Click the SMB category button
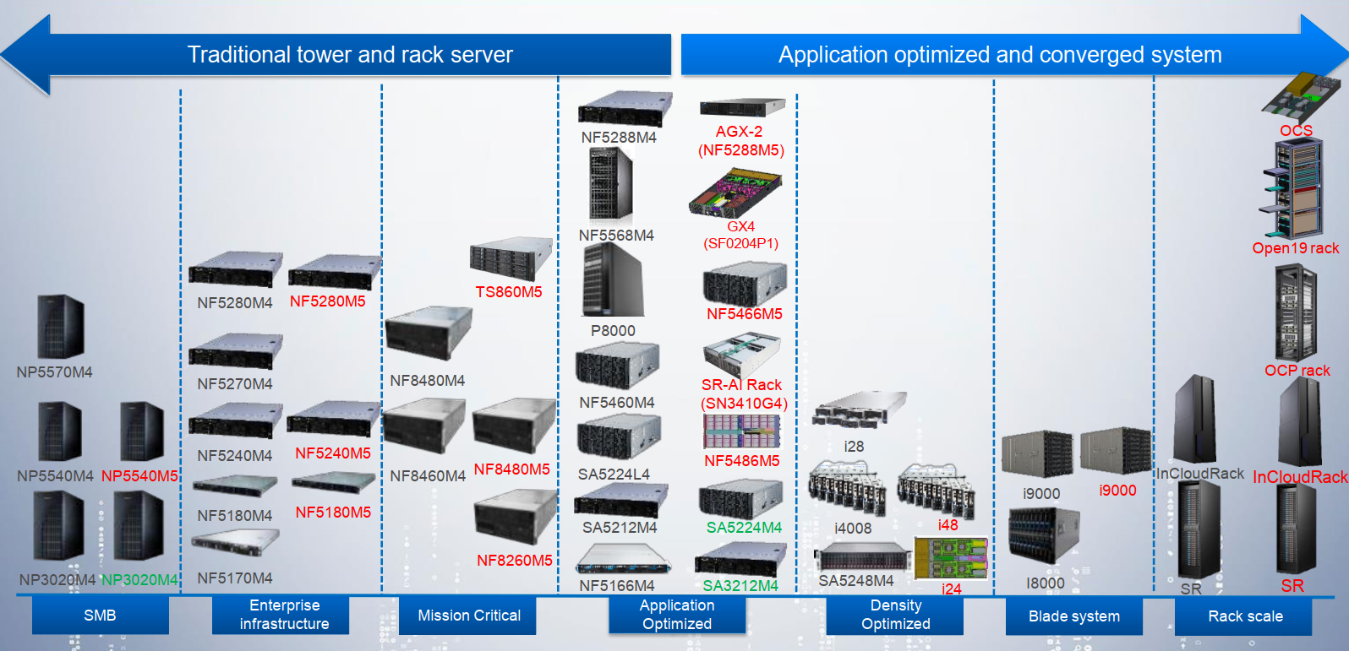[100, 616]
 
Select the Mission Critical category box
[468, 616]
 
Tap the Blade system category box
[1073, 616]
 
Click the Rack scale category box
[1245, 616]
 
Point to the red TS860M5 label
[508, 292]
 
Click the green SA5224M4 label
[744, 528]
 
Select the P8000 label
[613, 331]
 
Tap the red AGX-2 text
[739, 132]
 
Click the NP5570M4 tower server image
[60, 327]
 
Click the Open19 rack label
[1295, 248]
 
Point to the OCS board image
[1300, 95]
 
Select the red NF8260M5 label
[514, 561]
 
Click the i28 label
[854, 447]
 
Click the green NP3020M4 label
[139, 580]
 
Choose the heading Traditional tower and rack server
[350, 55]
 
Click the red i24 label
[951, 589]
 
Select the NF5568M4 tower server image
[610, 185]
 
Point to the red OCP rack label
[1297, 371]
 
